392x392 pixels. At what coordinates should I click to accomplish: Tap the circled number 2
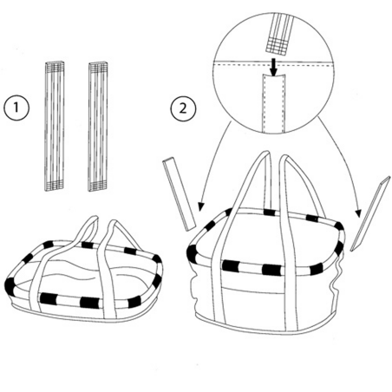pos(183,108)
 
